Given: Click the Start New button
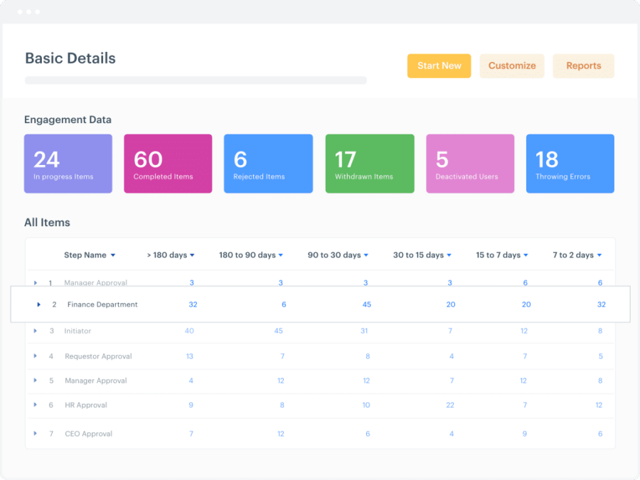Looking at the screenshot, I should click(439, 66).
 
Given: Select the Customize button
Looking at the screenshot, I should click(512, 66).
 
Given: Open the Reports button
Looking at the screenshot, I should click(583, 66).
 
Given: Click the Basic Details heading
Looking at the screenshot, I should click(70, 58).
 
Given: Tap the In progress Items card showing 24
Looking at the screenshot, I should click(68, 164).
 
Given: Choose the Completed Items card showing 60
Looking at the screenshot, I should click(168, 164).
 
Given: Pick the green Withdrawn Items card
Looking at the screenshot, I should click(369, 164).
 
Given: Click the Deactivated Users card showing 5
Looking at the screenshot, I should click(470, 164).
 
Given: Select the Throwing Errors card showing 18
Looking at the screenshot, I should click(570, 164).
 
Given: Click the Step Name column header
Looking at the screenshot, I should click(85, 255).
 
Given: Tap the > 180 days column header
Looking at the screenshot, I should click(167, 255).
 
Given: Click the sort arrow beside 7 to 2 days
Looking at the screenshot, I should click(599, 255).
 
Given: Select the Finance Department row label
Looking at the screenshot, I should click(102, 304).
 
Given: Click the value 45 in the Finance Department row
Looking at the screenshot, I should click(366, 304).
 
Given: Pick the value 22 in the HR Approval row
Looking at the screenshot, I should click(450, 405).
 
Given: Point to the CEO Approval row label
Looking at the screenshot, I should click(88, 434).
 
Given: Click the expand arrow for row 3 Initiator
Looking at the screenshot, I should click(36, 331).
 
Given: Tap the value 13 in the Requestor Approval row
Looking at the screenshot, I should click(190, 356).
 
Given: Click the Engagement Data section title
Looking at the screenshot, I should click(68, 120).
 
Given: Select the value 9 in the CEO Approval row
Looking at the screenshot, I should click(525, 434).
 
